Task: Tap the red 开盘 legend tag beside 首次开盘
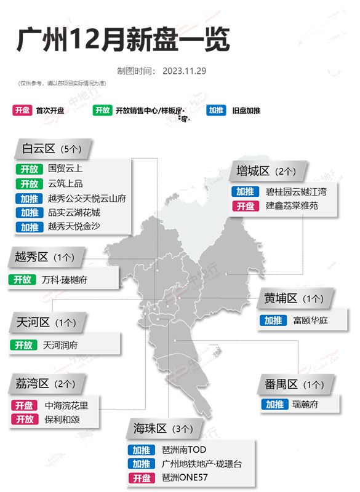[22, 111]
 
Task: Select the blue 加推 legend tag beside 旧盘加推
[216, 111]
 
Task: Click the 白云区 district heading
[39, 149]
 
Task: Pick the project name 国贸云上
[65, 168]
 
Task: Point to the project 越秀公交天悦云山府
[87, 198]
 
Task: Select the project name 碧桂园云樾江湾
[296, 191]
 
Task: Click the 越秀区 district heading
[31, 257]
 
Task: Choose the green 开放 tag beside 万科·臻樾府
[23, 279]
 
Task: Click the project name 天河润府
[60, 345]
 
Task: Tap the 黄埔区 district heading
[281, 299]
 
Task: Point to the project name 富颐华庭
[311, 320]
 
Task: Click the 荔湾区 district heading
[31, 384]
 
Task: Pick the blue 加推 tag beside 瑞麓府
[274, 404]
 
